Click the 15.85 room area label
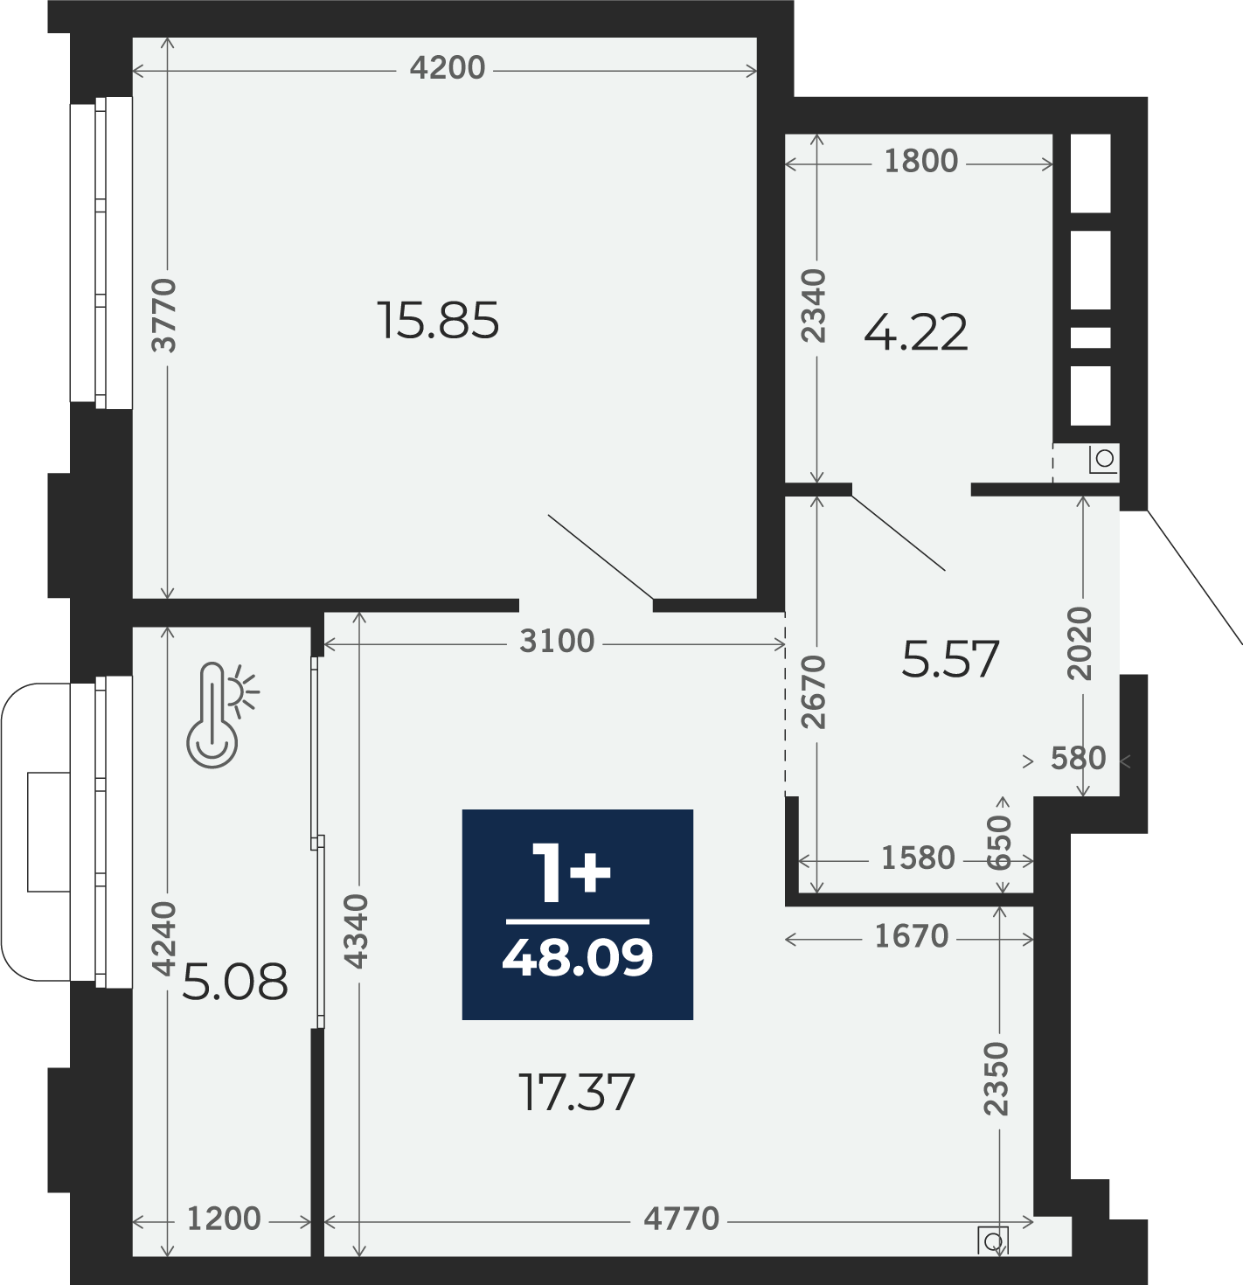tap(438, 321)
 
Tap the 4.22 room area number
tap(915, 333)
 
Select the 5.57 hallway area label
tap(950, 659)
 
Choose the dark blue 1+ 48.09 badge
tap(577, 914)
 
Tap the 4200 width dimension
tap(448, 68)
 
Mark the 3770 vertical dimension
tap(163, 315)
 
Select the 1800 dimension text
tap(920, 162)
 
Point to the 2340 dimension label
tap(814, 306)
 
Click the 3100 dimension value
tap(557, 642)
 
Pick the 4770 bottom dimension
tap(681, 1219)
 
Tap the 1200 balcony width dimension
tap(224, 1219)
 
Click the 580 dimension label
tap(1078, 758)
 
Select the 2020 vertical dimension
tap(1080, 644)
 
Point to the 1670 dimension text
tap(912, 936)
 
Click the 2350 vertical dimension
tap(996, 1079)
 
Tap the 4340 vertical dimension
tap(357, 931)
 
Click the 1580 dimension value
tap(918, 858)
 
